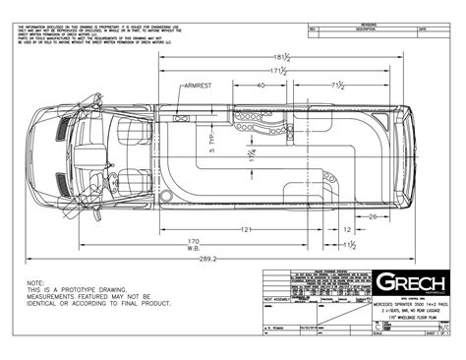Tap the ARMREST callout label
click(199, 87)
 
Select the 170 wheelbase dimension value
click(193, 241)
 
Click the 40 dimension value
click(260, 87)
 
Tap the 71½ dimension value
click(335, 87)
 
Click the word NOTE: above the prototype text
click(36, 281)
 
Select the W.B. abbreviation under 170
click(193, 250)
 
